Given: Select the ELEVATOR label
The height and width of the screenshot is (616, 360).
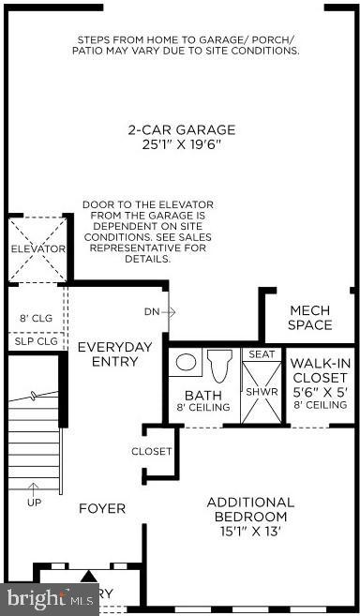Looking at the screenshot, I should pos(37,249).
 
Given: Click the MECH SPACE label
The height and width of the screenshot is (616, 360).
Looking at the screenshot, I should pos(310,318).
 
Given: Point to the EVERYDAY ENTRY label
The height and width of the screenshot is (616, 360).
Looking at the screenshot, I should pos(114,353).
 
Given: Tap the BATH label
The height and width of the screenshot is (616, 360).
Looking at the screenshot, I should pos(202,395).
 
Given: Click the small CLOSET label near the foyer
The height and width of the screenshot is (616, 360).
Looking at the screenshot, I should pos(152,451).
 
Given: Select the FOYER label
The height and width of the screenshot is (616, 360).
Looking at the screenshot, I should pos(102,508).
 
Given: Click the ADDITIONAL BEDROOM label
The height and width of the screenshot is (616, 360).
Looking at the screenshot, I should pos(249,509).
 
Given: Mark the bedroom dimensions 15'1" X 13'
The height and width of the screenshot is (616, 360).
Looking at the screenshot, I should pos(249,532).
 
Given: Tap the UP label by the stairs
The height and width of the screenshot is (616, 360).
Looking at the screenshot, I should pos(35,501).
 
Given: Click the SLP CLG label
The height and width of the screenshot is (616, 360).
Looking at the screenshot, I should pos(36,341).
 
